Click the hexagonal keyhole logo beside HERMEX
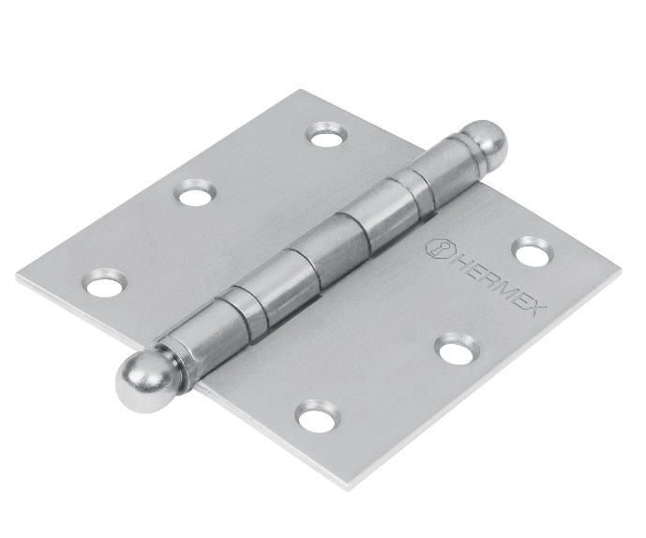(436, 248)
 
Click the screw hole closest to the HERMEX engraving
(533, 251)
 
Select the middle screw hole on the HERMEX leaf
(458, 349)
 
